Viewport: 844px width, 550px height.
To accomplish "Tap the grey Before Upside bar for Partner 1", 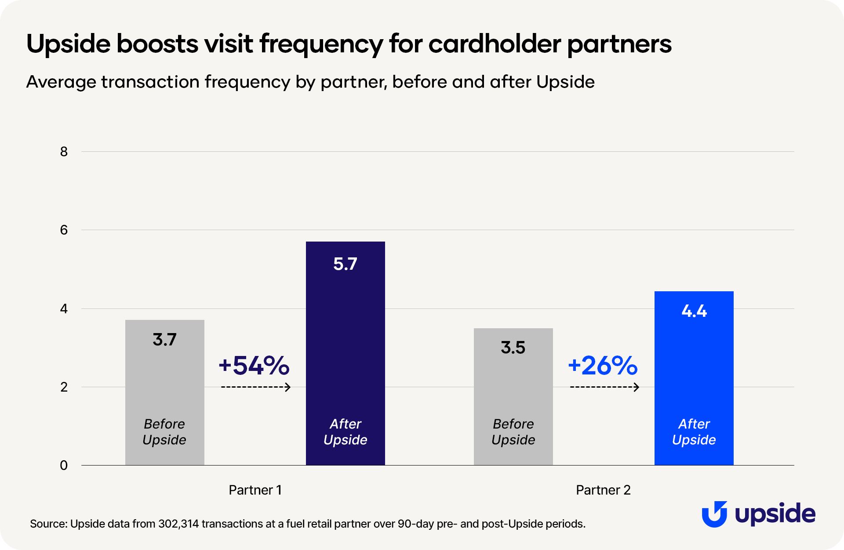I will point(164,387).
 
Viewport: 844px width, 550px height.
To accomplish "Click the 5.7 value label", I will point(345,264).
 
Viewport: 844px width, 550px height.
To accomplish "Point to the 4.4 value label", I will point(694,311).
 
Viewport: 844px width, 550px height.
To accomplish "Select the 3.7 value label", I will point(164,340).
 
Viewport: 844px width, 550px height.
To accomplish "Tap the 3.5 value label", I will point(513,348).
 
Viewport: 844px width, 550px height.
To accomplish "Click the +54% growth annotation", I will point(254,365).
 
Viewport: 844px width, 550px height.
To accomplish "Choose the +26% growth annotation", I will point(603,365).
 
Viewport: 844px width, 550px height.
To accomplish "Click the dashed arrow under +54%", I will point(255,387).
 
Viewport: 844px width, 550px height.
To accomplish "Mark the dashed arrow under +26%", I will point(604,387).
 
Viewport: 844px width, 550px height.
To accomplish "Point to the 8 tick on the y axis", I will point(64,152).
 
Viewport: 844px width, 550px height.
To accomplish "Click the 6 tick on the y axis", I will point(64,230).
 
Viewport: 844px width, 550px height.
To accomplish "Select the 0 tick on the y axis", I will point(64,466).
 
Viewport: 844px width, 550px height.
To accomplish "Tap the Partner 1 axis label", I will point(255,490).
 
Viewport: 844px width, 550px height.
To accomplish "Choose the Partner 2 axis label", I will point(603,490).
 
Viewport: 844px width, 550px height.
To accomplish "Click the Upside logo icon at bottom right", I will point(714,514).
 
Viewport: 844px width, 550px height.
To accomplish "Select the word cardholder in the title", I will point(495,44).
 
